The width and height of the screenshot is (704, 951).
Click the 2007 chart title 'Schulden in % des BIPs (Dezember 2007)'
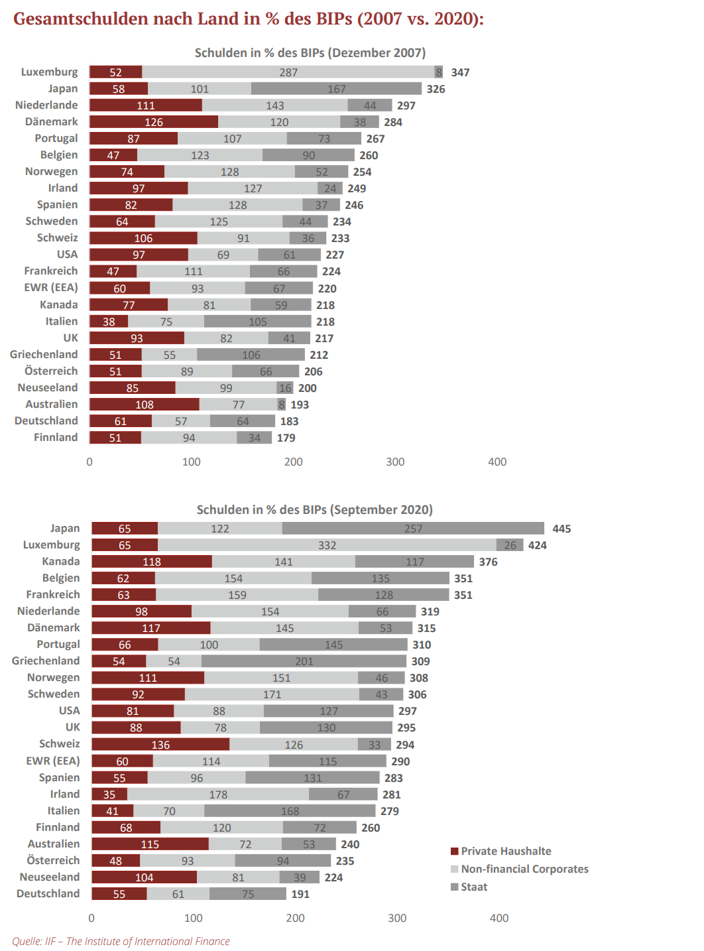pos(310,53)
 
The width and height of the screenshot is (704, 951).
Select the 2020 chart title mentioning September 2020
pos(314,509)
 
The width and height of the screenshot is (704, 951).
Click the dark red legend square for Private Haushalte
pos(455,851)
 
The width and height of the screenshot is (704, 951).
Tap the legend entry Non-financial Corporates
pos(524,869)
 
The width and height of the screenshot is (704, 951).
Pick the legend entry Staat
pos(474,887)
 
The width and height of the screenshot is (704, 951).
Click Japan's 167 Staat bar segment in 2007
pos(336,89)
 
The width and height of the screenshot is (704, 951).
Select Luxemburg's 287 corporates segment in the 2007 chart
pos(288,72)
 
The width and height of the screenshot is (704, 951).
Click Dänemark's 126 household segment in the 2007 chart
pos(154,122)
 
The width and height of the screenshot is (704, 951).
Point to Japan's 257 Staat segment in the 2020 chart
pos(413,529)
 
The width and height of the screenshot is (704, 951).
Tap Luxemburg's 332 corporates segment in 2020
pos(327,545)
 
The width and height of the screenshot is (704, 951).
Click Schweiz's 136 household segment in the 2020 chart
pos(160,745)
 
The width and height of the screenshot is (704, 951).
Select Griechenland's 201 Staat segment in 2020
pos(304,661)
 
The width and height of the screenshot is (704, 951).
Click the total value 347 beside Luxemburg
pos(460,72)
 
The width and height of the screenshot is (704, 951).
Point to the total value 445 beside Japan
pos(561,529)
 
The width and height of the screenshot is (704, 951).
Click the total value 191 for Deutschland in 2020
pos(300,894)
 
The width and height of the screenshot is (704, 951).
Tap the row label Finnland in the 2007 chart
pos(56,438)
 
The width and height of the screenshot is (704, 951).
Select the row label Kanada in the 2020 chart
pos(61,562)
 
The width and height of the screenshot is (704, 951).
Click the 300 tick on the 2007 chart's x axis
pos(395,462)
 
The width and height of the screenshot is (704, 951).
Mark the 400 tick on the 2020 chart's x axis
pos(499,918)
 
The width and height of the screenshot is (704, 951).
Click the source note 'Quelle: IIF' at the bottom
pos(121,941)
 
